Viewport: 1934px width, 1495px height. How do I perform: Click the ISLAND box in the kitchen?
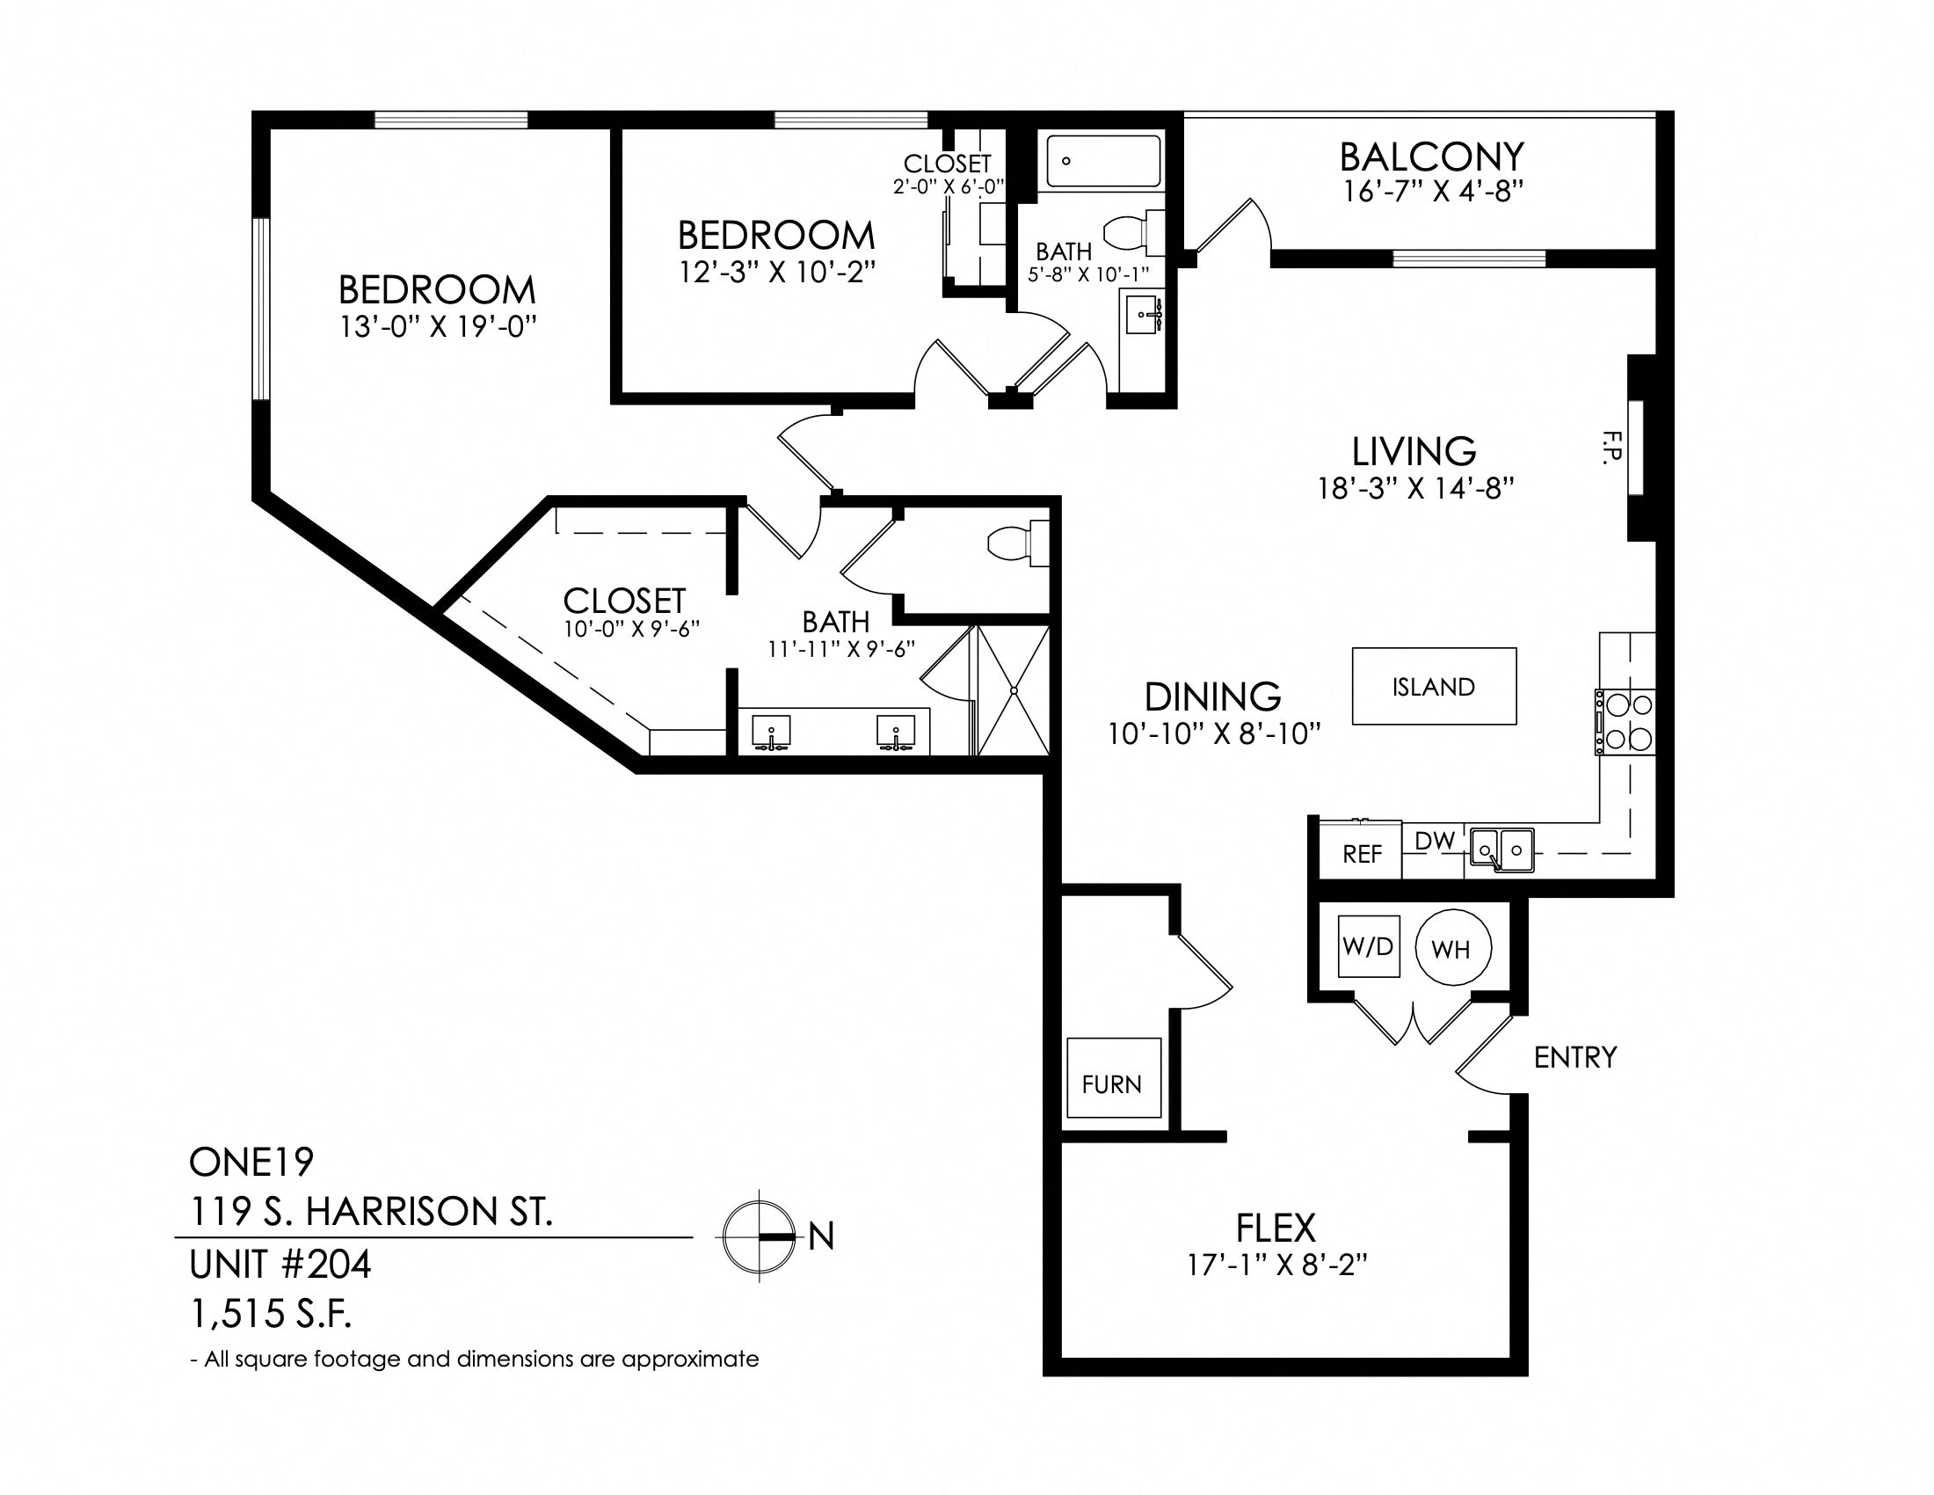(1434, 687)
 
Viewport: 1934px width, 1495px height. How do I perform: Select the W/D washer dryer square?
(1368, 946)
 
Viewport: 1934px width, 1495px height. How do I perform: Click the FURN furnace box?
(1113, 1077)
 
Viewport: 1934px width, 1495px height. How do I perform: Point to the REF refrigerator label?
(1362, 854)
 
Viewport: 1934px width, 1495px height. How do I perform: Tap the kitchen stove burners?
(1626, 722)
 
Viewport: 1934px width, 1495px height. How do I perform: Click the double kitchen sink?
(1501, 850)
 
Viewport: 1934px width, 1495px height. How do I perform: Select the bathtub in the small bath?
(1102, 161)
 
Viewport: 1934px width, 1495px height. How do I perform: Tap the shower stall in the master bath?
(1013, 690)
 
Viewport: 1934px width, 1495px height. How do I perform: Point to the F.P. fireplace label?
(1610, 446)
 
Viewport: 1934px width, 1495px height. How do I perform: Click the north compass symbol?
(758, 1236)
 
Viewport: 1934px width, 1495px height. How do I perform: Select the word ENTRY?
(1575, 1056)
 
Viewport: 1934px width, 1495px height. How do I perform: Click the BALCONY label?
(1431, 157)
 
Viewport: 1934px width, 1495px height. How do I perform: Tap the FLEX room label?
(1276, 1228)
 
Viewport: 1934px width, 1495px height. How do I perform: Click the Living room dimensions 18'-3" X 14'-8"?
(1414, 488)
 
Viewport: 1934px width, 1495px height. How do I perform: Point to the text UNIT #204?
(280, 1264)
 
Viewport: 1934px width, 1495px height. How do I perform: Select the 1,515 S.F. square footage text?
(270, 1315)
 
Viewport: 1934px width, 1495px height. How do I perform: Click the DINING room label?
(1213, 697)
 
